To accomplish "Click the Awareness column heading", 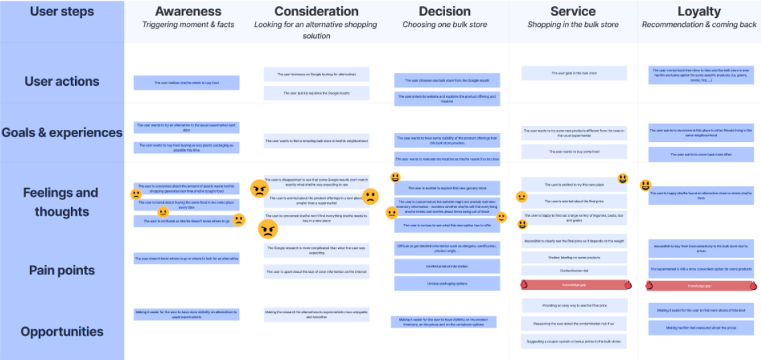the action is click(188, 11).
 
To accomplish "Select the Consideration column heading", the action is click(316, 11).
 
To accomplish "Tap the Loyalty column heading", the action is click(699, 11).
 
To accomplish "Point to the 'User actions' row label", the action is click(62, 82).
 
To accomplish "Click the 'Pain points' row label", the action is click(62, 270).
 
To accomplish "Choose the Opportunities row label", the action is click(62, 331).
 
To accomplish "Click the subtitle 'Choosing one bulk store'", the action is click(445, 25).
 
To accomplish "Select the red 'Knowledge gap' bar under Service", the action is click(574, 284).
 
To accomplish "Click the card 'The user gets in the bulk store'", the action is click(574, 73).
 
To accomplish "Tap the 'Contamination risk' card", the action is click(574, 271).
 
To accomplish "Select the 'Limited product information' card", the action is click(447, 266).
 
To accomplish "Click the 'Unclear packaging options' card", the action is click(447, 283).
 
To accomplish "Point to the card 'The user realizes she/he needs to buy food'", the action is click(186, 83).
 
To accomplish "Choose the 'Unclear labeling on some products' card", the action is click(574, 257).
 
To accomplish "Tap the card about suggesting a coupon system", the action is click(574, 341).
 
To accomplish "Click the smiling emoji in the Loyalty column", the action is click(646, 185).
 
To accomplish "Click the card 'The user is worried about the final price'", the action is click(574, 201).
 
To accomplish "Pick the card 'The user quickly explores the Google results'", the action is click(316, 93).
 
